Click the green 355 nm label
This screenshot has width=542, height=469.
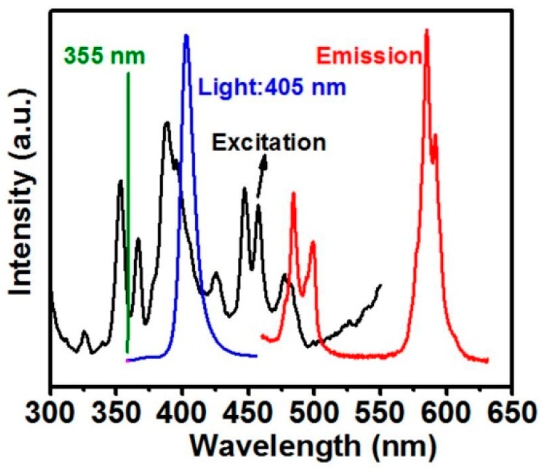point(104,56)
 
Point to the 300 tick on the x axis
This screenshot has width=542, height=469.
point(51,412)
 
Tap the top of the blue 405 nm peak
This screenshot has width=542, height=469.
point(187,36)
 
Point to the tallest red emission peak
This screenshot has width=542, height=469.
point(426,31)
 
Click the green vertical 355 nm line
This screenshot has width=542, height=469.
point(128,214)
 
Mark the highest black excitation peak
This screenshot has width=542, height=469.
point(167,123)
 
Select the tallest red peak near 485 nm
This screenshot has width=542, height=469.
point(293,194)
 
